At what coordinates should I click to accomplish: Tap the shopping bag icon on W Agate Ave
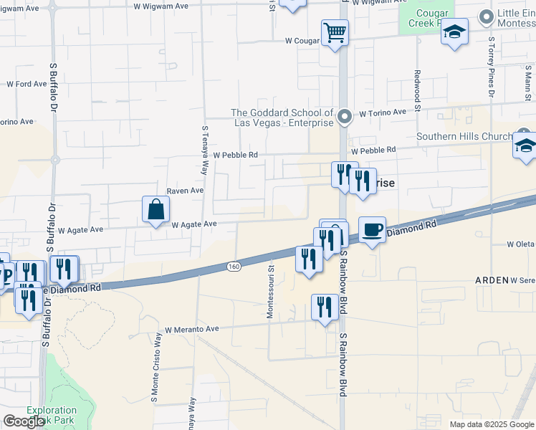155,210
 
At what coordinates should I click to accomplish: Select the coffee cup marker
372,230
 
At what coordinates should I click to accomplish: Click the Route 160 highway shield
234,267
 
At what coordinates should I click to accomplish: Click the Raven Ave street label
186,191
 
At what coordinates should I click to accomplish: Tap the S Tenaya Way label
204,150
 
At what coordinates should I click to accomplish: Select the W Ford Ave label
27,84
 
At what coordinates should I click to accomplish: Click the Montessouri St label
271,294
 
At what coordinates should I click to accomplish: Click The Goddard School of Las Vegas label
283,118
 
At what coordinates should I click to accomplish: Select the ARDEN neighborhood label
492,280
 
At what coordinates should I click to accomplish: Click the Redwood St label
416,87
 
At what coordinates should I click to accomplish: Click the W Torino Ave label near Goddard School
383,113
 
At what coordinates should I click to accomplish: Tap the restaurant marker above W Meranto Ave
325,307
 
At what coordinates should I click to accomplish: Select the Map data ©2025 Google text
492,424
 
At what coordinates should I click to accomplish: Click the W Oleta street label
521,244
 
